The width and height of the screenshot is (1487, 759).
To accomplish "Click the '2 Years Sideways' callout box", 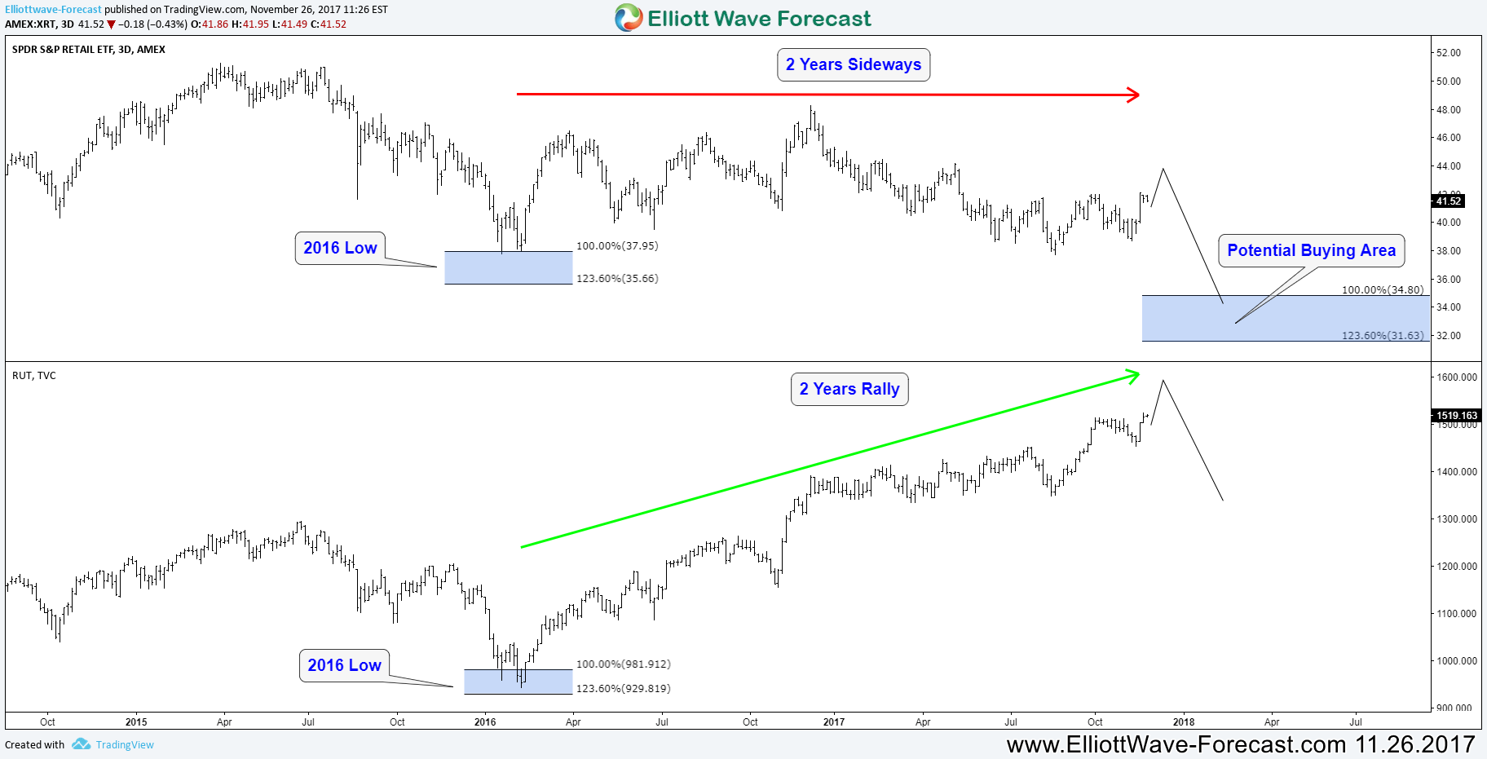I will click(853, 65).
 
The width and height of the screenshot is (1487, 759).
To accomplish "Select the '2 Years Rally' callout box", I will click(849, 390).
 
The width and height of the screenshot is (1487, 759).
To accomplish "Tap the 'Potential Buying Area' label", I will click(1311, 250).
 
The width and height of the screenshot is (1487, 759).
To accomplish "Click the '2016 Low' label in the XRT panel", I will click(340, 248).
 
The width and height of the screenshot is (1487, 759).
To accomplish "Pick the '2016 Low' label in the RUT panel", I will click(344, 665).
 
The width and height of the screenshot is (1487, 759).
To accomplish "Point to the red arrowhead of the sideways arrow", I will click(1133, 95).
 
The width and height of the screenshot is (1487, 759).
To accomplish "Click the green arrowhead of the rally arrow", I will click(1133, 375).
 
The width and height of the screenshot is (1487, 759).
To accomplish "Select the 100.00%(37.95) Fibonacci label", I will click(617, 246).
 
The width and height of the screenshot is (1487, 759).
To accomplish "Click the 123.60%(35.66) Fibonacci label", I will click(617, 279).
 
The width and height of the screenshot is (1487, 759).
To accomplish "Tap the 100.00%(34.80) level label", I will click(1383, 289).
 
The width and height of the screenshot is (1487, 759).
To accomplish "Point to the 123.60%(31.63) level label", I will click(1383, 335).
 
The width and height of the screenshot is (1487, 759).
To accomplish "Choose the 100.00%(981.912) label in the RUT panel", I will click(624, 664).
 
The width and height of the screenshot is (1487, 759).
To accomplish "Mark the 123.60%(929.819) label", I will click(624, 689).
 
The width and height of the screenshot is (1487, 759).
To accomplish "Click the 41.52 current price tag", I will click(1449, 201).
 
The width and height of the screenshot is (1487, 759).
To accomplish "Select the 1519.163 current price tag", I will click(1456, 416).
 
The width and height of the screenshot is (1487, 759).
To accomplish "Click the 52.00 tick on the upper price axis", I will click(1449, 53).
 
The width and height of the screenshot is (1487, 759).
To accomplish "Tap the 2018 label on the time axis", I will click(1183, 722).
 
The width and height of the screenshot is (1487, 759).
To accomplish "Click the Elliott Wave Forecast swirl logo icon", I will click(629, 18).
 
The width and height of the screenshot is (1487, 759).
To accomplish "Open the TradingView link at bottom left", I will click(124, 745).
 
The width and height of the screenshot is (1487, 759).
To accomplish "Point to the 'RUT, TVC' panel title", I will click(34, 376).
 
